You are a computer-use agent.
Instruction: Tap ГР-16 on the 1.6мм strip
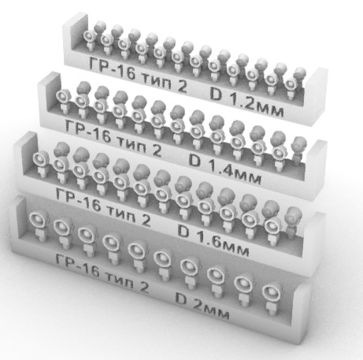(78, 200)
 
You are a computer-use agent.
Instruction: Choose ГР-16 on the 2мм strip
(77, 265)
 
